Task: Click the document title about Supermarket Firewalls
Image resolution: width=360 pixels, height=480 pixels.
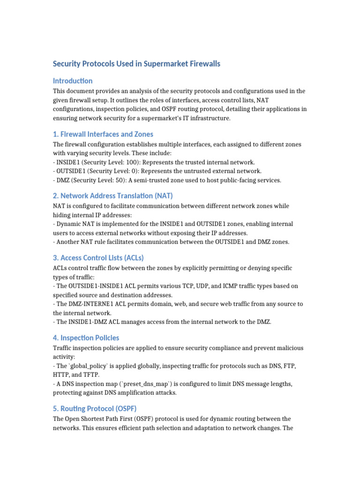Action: (136, 63)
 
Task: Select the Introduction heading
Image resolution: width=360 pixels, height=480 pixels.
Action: (73, 81)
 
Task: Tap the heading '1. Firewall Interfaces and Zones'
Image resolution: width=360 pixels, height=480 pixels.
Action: (103, 134)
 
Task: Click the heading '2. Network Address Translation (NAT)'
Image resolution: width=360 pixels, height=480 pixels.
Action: (113, 195)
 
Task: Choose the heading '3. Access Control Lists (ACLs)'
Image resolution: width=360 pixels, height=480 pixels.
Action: (98, 257)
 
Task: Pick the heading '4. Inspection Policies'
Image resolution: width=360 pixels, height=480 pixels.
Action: (86, 337)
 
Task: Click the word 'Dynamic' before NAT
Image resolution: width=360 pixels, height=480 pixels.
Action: (68, 224)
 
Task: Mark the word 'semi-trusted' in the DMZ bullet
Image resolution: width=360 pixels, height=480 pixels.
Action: (141, 180)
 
